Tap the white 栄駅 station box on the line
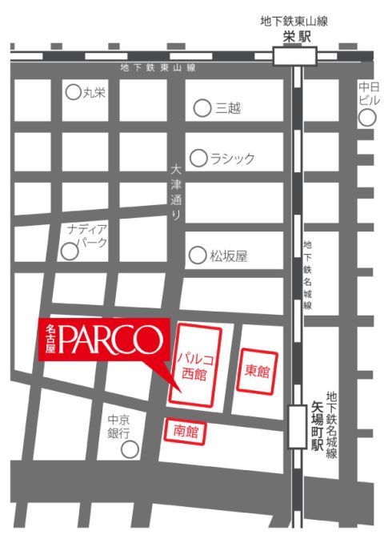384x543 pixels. coord(294,57)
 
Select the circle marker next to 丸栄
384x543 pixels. coord(73,92)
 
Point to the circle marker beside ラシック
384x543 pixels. coord(198,158)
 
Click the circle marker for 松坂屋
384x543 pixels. coord(197,255)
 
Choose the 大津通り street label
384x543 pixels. coord(177,192)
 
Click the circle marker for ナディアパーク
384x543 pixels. coord(70,251)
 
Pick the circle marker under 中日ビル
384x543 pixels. coord(367,118)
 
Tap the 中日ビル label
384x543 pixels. coord(368,93)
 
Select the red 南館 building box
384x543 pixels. coord(185,432)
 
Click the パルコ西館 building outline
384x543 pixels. coord(196,364)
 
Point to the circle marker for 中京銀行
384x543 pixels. coord(130,449)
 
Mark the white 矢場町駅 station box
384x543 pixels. coord(298,426)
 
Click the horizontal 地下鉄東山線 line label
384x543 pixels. coord(157,69)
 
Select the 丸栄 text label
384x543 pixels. coord(95,92)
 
